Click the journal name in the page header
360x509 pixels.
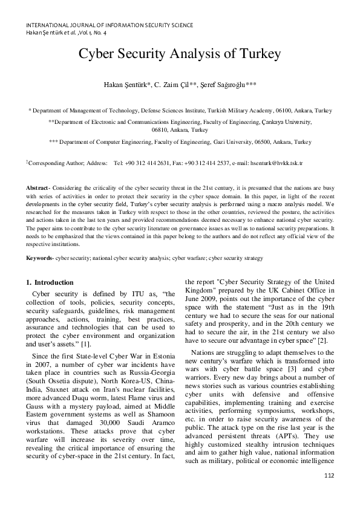tap(110, 25)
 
